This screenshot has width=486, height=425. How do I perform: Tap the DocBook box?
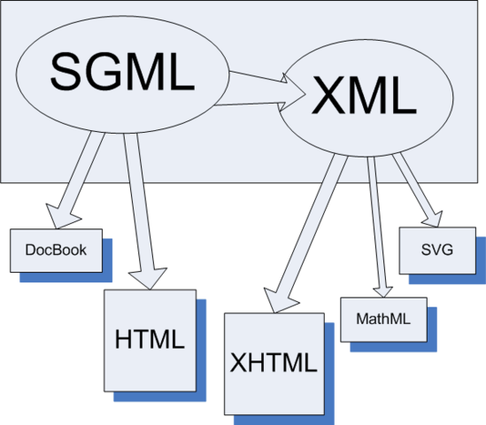(56, 251)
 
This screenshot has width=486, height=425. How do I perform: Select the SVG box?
(437, 249)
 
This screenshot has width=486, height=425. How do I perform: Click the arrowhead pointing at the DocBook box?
(60, 215)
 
